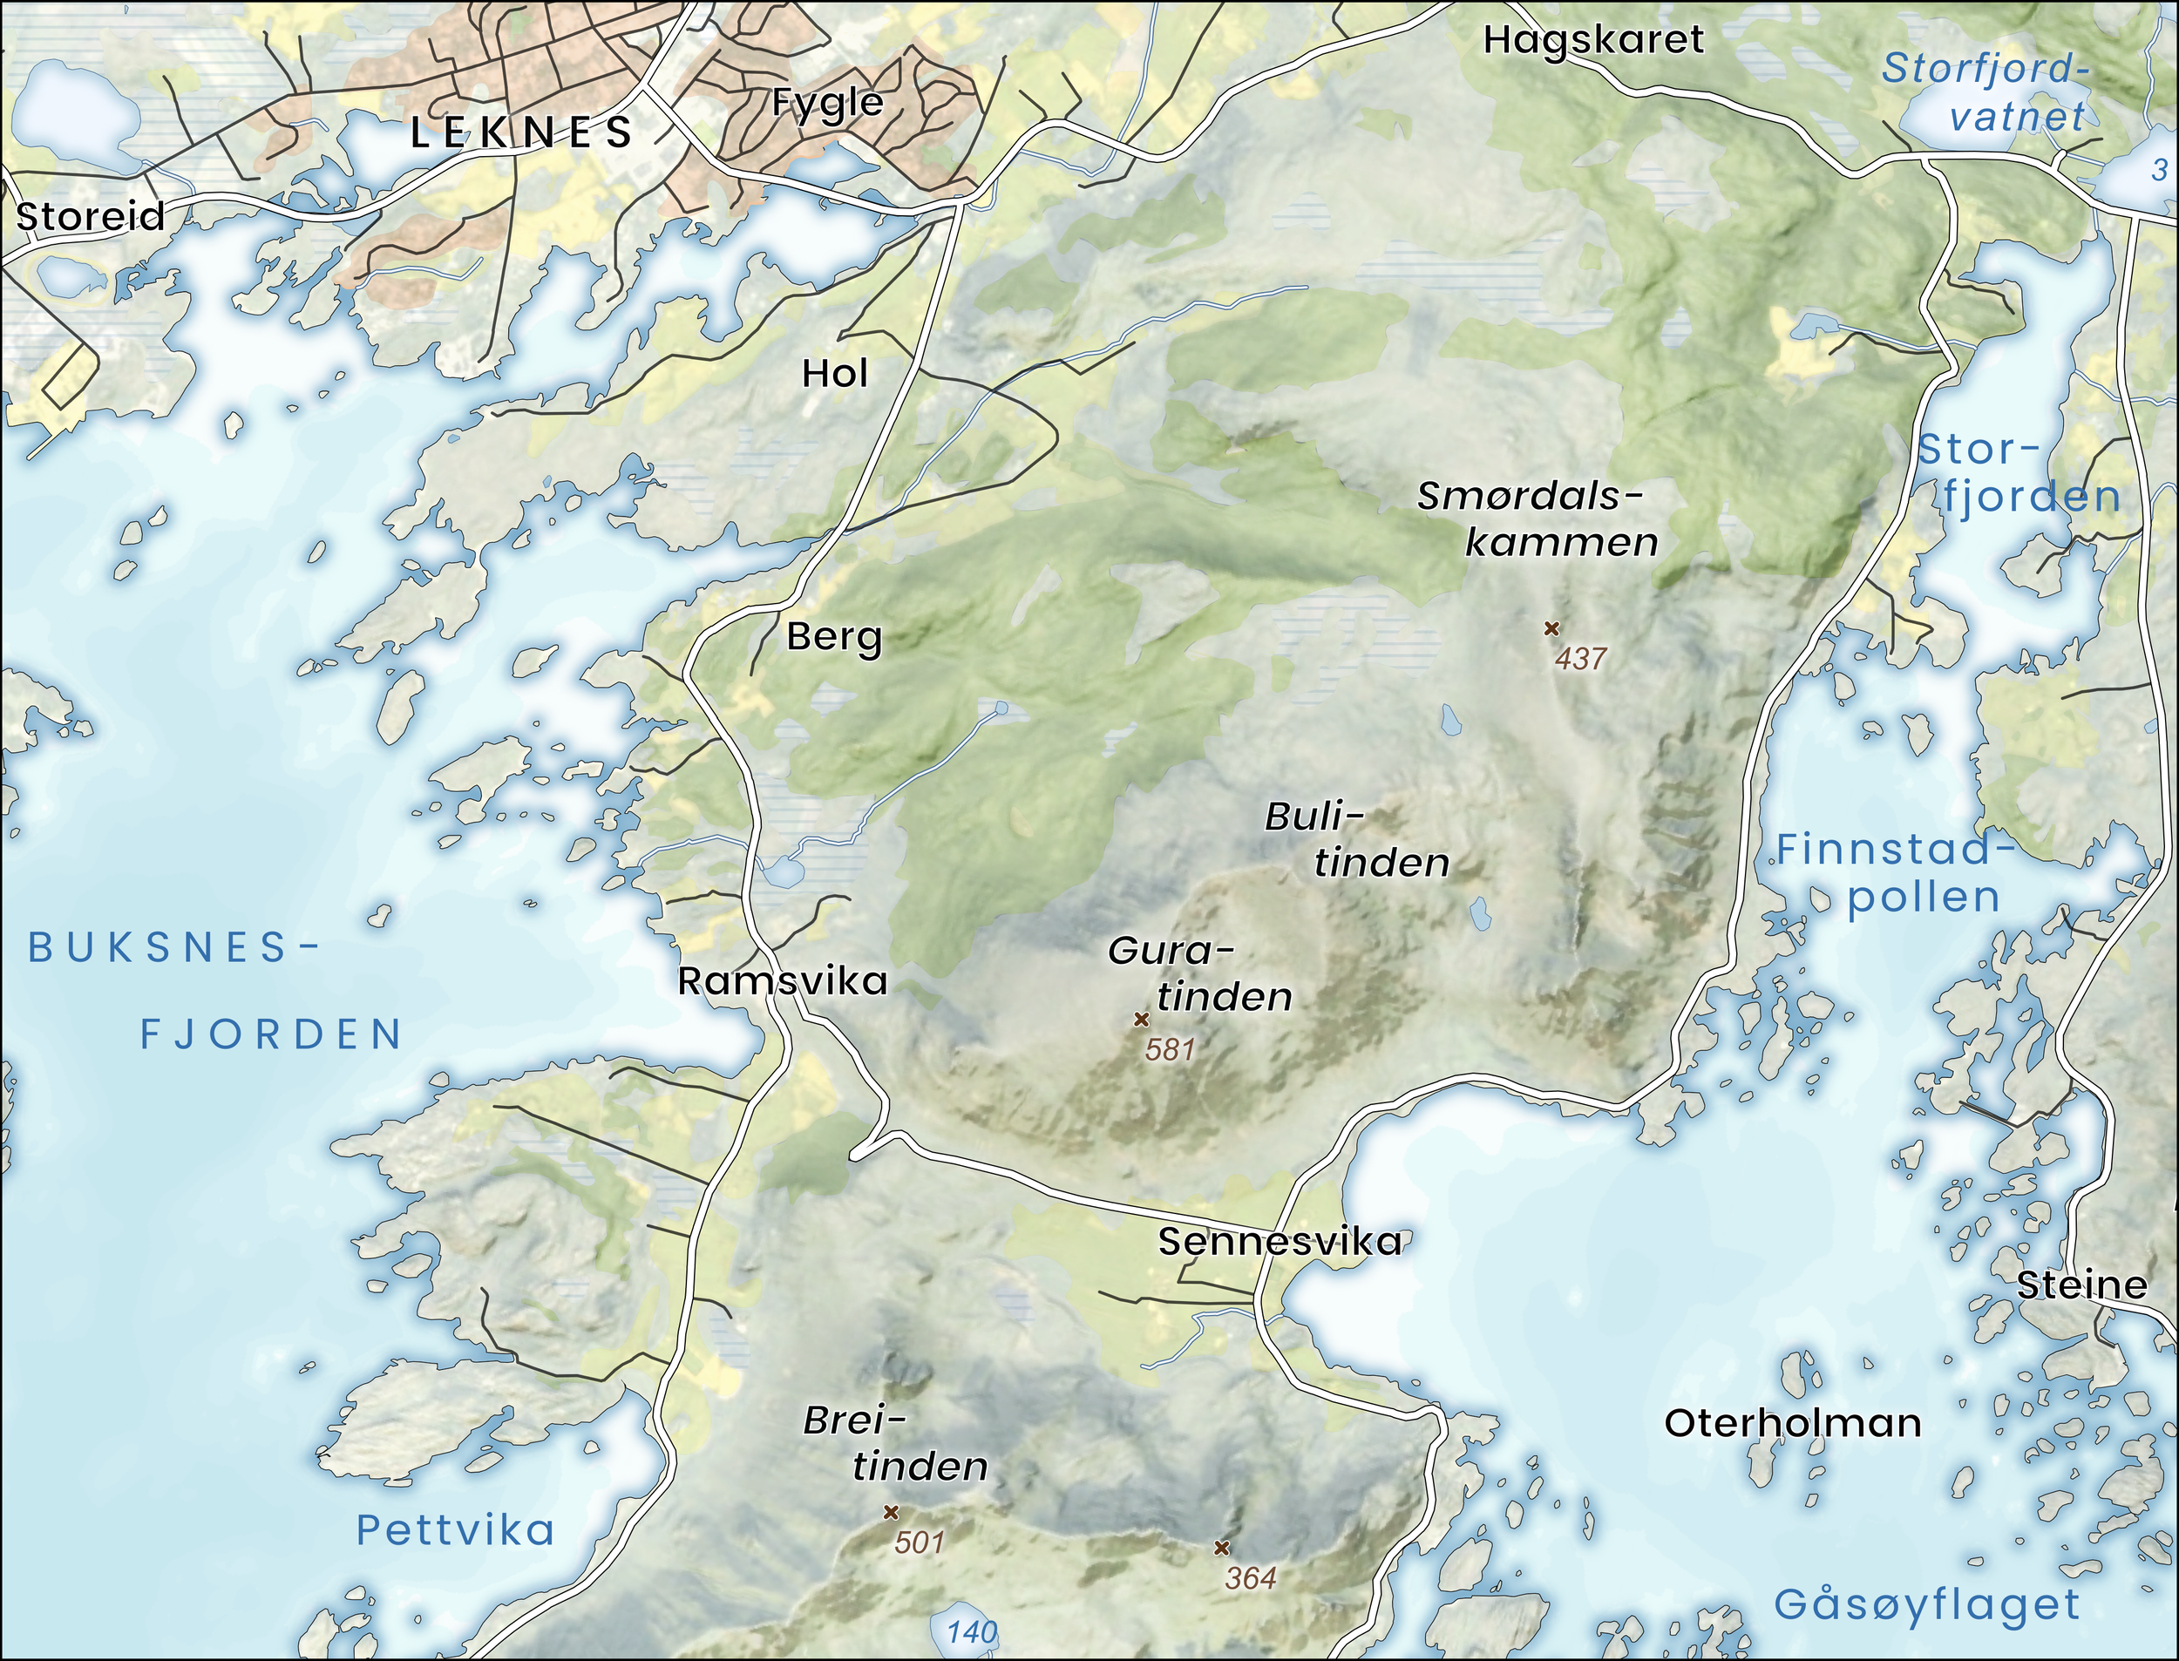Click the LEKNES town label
coord(521,132)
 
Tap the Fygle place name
coord(826,102)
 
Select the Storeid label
coord(90,216)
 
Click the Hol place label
coord(835,374)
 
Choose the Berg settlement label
coord(833,637)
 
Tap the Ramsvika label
coord(782,980)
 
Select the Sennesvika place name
coord(1280,1242)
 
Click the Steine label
coord(2082,1285)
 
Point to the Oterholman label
coord(1792,1424)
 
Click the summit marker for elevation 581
coord(1141,1020)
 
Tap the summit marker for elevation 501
coord(890,1513)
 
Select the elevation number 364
coord(1251,1578)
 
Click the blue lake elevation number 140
coord(971,1632)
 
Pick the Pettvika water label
coord(455,1530)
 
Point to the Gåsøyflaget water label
coord(1927,1603)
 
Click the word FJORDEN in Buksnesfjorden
coord(271,1035)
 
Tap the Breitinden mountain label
coord(895,1443)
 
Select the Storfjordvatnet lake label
coord(1987,92)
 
